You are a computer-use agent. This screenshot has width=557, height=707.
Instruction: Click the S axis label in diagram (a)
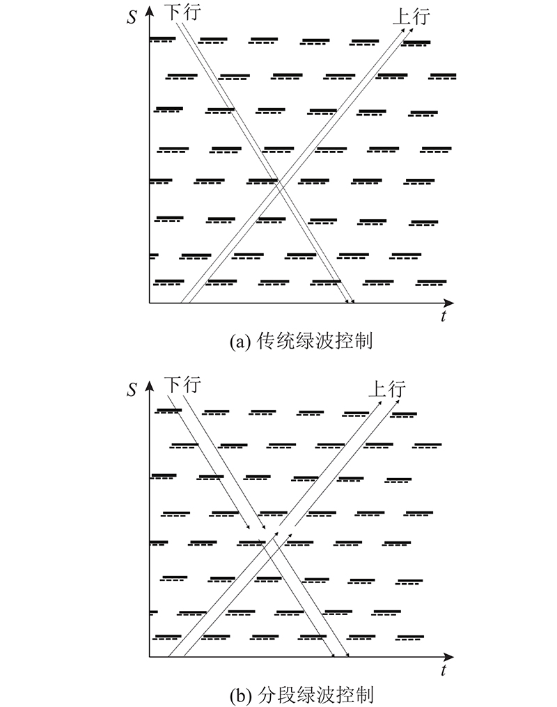[132, 17]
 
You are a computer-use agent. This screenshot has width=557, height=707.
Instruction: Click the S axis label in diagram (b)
[132, 389]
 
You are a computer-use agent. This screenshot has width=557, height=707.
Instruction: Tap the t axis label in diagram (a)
[444, 316]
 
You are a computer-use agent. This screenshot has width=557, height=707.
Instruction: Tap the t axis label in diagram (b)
[444, 670]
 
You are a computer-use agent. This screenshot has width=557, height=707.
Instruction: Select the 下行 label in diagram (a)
[182, 12]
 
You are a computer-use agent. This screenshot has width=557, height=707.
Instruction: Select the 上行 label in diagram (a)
[411, 17]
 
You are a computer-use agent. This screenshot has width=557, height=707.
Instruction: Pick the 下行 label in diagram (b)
[182, 385]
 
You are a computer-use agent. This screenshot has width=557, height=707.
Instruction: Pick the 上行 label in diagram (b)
[387, 389]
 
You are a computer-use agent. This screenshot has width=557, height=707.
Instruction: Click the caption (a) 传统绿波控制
[301, 341]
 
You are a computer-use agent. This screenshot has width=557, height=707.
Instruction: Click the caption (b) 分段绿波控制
[301, 695]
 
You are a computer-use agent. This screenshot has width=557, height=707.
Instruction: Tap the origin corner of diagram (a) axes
[149, 303]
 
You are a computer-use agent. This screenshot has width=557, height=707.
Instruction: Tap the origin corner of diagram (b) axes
[149, 657]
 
